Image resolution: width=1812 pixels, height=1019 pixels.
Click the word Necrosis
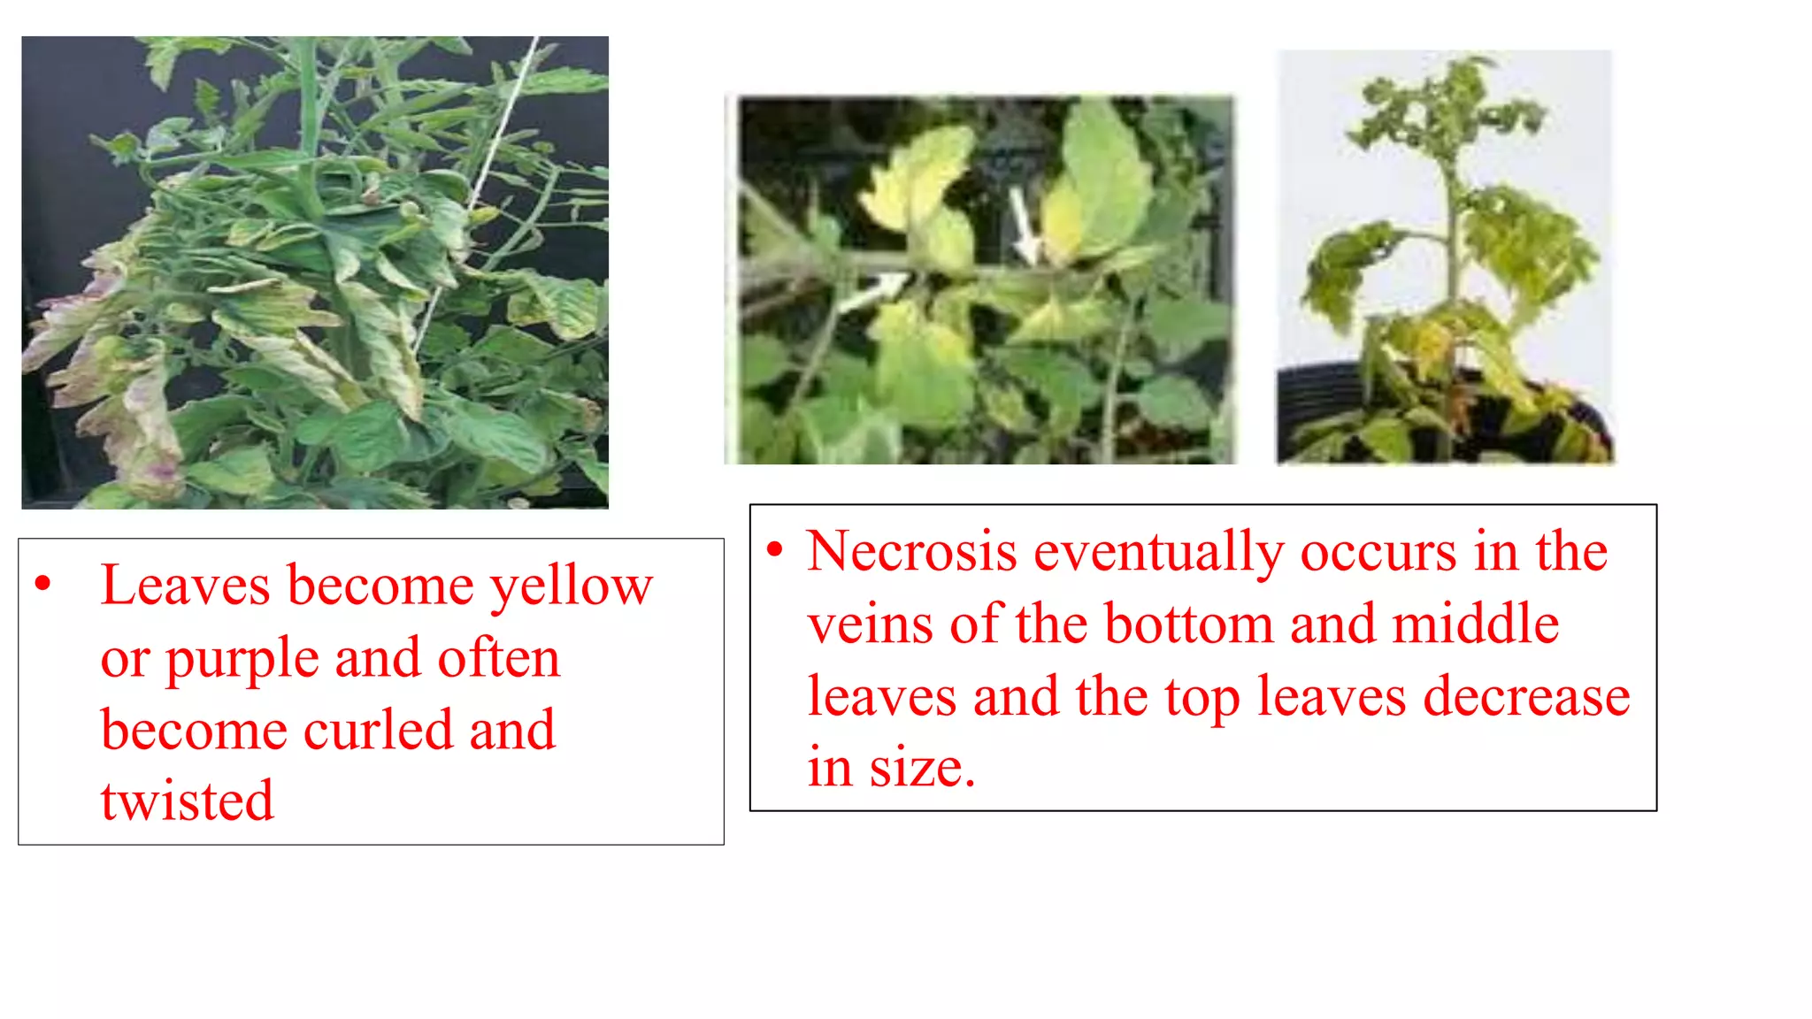point(911,552)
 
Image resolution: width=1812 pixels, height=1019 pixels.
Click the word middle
point(1475,624)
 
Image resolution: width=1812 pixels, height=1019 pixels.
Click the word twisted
point(187,801)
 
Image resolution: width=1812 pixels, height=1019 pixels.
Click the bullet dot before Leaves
point(42,584)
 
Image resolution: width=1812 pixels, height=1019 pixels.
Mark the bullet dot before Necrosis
point(775,550)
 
